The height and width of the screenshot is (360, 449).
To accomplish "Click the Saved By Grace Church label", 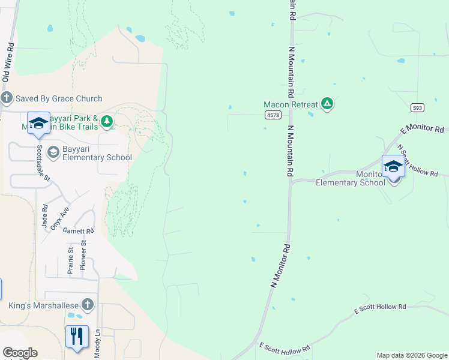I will [x=59, y=98].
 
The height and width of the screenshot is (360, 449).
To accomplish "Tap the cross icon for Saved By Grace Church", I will [x=7, y=98].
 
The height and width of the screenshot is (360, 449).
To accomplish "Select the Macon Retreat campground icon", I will [x=327, y=104].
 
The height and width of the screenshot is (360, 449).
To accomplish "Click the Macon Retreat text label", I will [x=291, y=104].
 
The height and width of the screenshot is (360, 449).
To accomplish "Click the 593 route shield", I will [x=418, y=107].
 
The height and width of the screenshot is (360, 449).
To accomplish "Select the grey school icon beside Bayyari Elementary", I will [x=53, y=152].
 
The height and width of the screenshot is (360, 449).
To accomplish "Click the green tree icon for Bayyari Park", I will [x=107, y=122].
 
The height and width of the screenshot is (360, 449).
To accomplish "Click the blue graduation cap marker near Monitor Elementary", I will [x=393, y=166].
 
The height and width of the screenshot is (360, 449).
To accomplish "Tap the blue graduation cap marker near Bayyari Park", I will [x=38, y=123].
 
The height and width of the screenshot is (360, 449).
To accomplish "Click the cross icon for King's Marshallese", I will [x=88, y=305].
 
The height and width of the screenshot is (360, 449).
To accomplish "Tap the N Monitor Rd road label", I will [x=280, y=266].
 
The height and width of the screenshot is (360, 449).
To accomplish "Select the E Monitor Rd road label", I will [x=422, y=129].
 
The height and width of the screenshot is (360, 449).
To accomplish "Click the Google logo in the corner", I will [x=20, y=353].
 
